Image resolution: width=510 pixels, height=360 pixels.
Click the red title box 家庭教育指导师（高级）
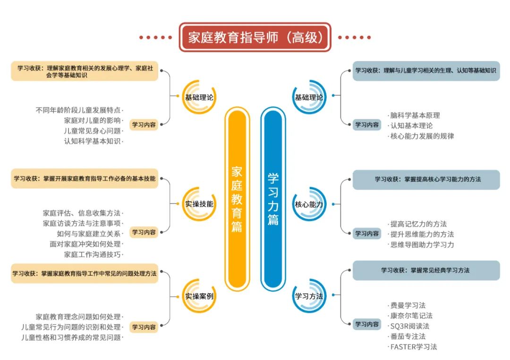point(255,37)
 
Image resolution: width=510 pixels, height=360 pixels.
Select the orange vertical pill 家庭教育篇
point(237,199)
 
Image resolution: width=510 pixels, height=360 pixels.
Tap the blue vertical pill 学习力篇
point(273,199)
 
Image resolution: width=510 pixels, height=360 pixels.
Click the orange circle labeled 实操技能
point(199,204)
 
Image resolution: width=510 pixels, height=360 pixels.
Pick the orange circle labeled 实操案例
point(199,296)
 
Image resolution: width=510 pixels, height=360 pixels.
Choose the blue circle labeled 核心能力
point(309,204)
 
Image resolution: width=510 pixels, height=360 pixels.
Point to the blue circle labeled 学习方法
point(309,296)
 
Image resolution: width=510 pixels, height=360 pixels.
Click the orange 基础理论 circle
point(199,98)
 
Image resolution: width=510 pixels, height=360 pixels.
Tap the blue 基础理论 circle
point(309,98)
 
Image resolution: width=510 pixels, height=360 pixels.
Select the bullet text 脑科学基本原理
point(415,115)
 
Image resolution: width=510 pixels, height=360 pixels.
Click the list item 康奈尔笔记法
point(411,316)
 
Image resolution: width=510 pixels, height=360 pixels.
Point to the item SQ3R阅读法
point(409,326)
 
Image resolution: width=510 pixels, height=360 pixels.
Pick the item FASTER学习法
point(413,347)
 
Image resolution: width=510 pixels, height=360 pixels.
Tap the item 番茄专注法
point(408,336)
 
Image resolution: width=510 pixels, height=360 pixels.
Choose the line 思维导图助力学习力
point(422,244)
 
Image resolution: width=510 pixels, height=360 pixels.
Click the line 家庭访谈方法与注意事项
point(82,223)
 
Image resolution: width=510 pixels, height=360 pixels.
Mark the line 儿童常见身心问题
point(92,131)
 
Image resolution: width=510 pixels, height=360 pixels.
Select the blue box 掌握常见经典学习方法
point(426,270)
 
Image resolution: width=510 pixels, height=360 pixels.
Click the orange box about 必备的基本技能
point(85,179)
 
